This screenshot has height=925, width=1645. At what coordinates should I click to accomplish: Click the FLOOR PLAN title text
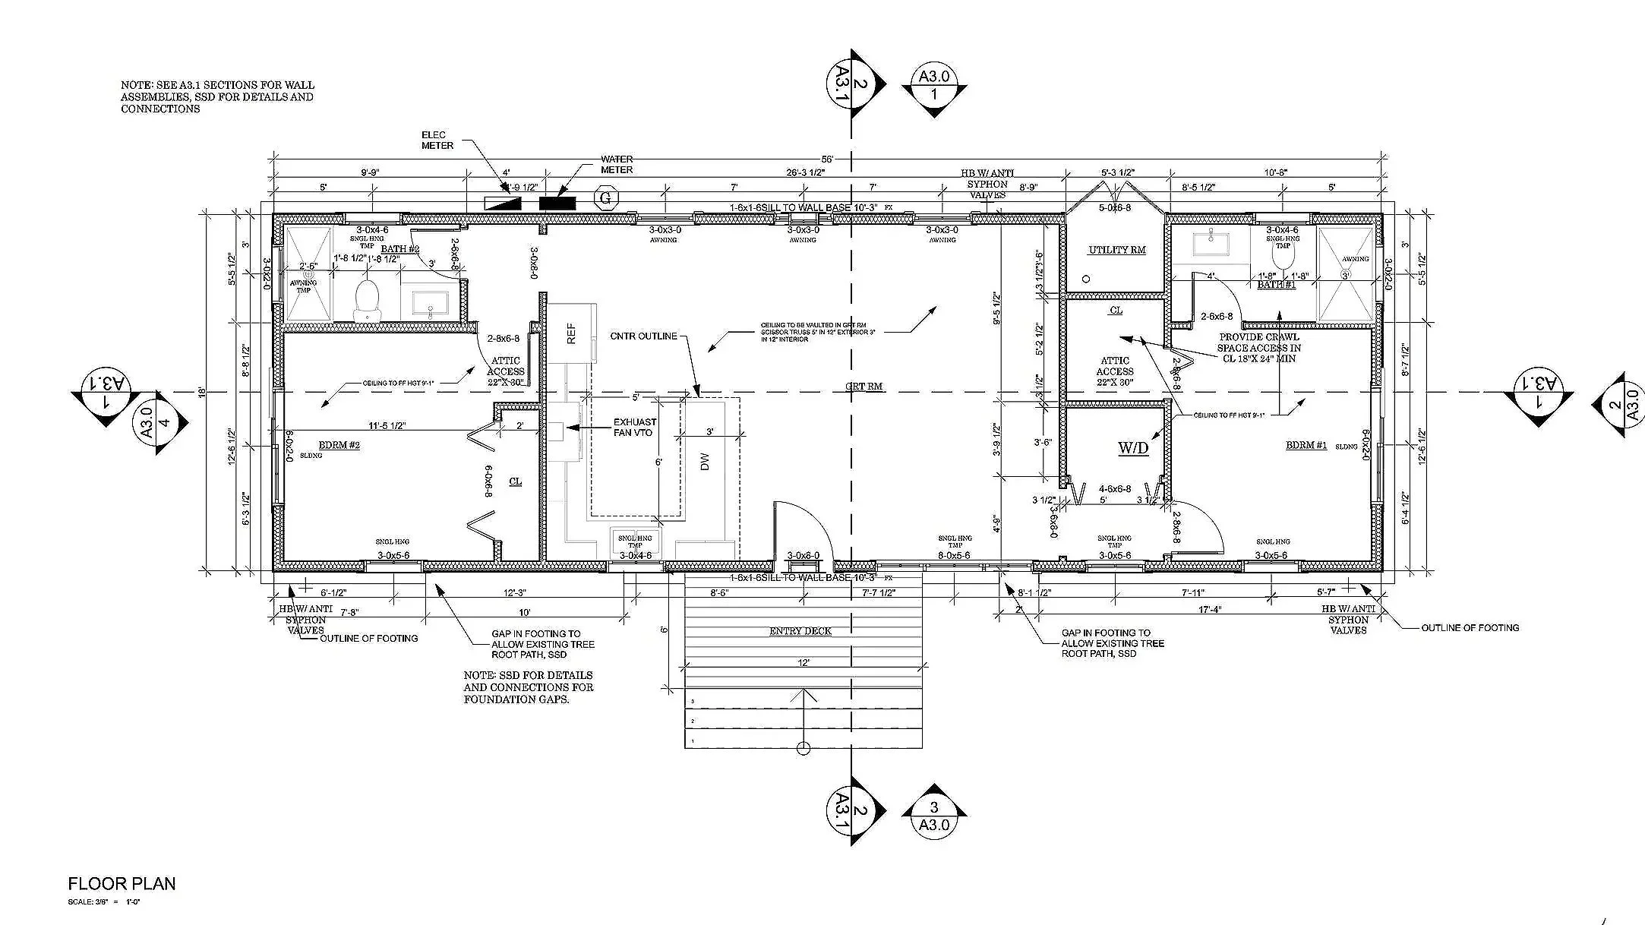click(122, 883)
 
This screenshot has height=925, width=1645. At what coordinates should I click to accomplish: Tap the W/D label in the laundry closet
click(1132, 447)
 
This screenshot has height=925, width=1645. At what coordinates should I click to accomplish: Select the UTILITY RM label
click(1116, 250)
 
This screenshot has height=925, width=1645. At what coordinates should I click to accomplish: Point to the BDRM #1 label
click(1306, 445)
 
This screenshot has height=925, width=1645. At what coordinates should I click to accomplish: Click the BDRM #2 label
click(339, 445)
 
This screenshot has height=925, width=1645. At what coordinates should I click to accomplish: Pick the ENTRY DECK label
click(800, 631)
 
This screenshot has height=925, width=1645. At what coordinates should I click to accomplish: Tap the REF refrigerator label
click(572, 333)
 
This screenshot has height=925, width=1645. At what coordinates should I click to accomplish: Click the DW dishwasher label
click(704, 461)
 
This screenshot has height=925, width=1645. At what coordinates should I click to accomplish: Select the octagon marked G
click(605, 199)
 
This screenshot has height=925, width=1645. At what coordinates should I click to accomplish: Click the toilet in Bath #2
click(367, 298)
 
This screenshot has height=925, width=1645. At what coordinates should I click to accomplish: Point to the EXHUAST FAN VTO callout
click(635, 427)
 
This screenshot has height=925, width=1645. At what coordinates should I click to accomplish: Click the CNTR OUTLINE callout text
click(643, 336)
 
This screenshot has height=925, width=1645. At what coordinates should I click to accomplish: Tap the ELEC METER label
click(437, 140)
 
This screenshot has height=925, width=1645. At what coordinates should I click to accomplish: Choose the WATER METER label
click(617, 164)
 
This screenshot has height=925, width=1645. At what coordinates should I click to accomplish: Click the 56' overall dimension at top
click(827, 159)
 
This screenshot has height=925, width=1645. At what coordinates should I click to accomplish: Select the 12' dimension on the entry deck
click(804, 662)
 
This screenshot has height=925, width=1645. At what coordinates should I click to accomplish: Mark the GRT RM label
click(864, 386)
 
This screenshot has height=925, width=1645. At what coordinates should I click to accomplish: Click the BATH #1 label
click(1276, 285)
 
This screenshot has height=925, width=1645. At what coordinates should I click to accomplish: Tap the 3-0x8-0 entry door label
click(804, 555)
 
